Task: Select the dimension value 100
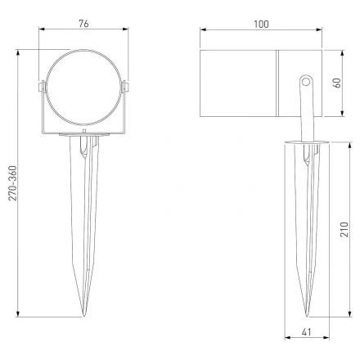pyautogui.click(x=260, y=25)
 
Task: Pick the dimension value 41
pyautogui.click(x=304, y=333)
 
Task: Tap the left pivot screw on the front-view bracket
pyautogui.click(x=42, y=87)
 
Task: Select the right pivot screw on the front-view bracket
pyautogui.click(x=125, y=87)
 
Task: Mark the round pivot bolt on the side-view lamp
pyautogui.click(x=305, y=81)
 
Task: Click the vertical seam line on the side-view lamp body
pyautogui.click(x=278, y=82)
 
